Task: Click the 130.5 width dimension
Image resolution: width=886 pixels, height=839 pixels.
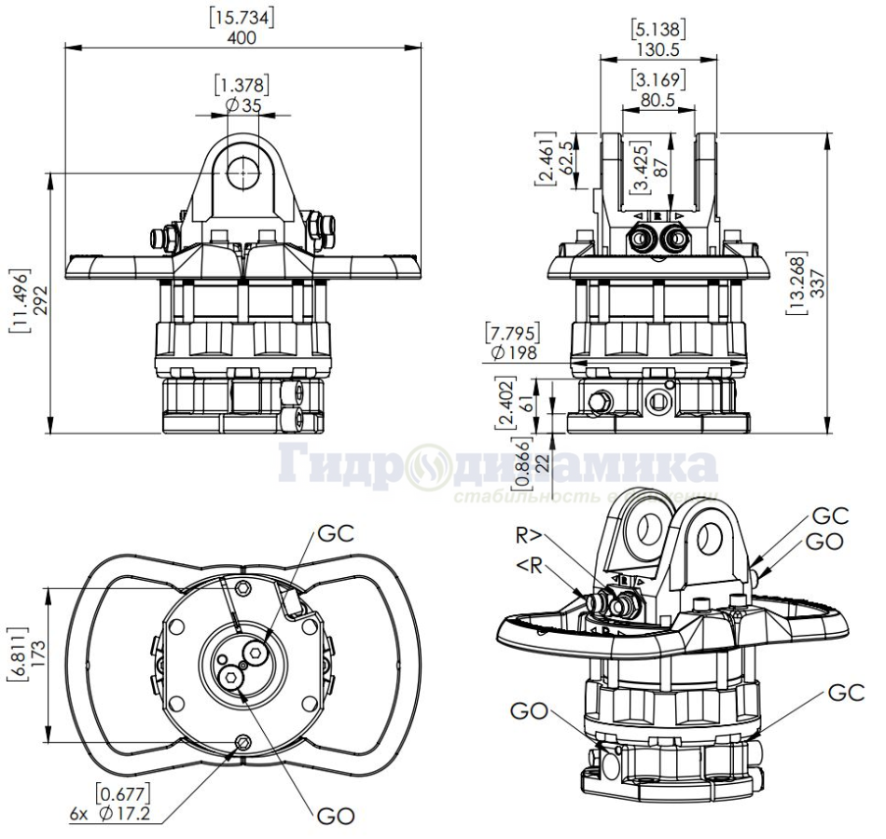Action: point(658,48)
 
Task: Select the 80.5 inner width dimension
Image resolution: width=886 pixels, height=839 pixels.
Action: point(658,98)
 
